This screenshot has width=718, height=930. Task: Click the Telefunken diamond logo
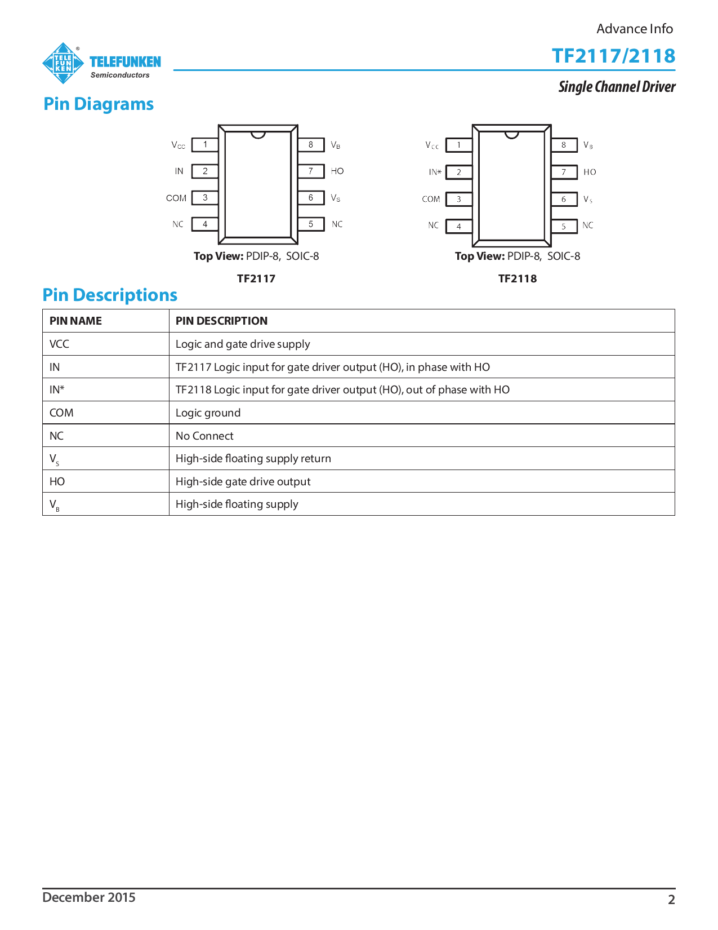(63, 63)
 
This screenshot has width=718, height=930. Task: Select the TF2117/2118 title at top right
(613, 56)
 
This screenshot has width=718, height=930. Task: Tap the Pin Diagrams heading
(99, 104)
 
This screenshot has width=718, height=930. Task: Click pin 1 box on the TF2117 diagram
(205, 145)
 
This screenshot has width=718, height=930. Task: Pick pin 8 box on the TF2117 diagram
(311, 145)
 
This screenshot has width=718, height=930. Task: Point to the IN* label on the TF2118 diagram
(435, 172)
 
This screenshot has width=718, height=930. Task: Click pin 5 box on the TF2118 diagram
(564, 227)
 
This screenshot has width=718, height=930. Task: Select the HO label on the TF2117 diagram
(337, 171)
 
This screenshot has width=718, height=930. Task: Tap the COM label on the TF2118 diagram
(431, 199)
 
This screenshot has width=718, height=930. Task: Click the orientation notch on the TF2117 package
(258, 135)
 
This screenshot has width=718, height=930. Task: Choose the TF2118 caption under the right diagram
(518, 278)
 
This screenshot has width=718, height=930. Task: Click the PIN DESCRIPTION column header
(221, 321)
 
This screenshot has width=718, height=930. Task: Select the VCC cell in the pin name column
(60, 344)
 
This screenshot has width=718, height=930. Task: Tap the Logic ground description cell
(208, 413)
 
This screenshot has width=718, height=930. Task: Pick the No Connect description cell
(204, 436)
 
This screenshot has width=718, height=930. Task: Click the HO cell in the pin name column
(57, 481)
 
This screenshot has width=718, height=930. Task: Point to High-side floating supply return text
(253, 458)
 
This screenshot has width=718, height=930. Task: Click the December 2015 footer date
(89, 897)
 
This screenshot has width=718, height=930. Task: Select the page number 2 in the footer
(671, 900)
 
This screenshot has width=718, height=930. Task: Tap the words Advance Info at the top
(635, 29)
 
